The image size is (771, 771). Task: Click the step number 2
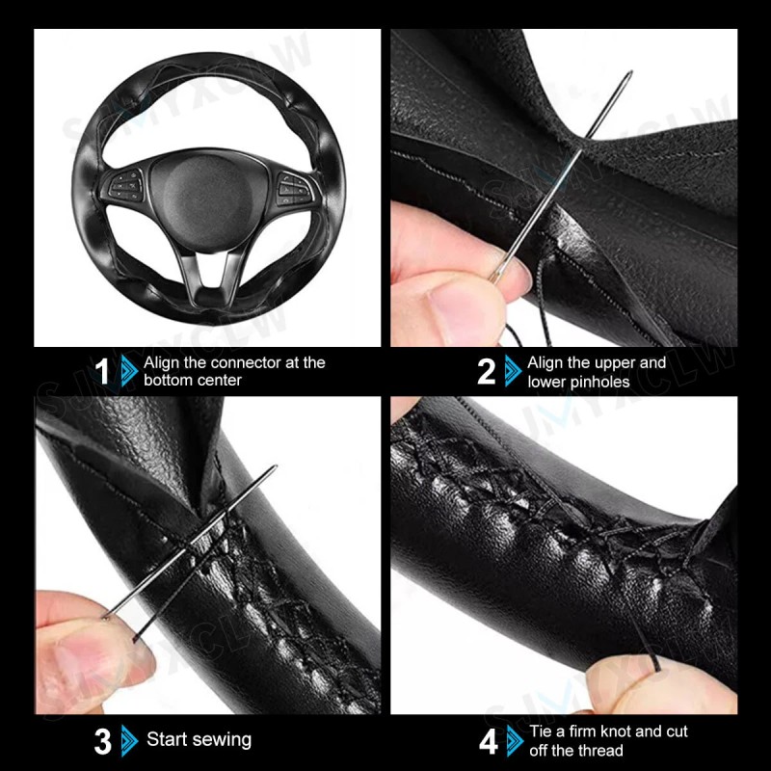point(486,371)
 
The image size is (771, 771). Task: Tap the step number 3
point(103,741)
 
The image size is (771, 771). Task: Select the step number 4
point(489,741)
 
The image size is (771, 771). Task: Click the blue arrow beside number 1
point(128,371)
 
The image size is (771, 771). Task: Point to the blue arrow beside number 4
point(515,741)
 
